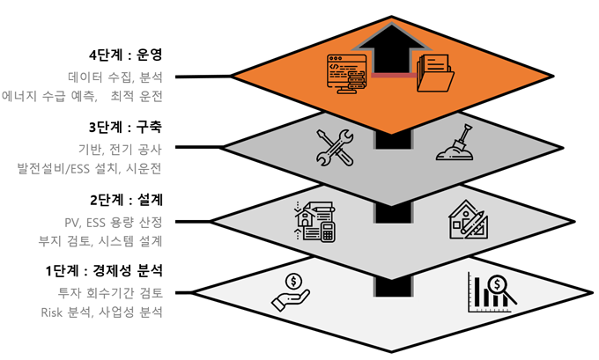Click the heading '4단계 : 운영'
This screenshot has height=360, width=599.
[x=126, y=55]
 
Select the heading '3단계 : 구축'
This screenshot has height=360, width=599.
[x=126, y=127]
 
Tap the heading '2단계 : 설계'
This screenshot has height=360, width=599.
[x=127, y=200]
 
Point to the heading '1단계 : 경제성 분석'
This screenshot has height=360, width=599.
[x=104, y=271]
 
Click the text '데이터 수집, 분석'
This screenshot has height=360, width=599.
[x=115, y=77]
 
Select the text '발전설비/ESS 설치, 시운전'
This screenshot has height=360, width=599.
[x=89, y=168]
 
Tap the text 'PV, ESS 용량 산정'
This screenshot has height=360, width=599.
[x=114, y=222]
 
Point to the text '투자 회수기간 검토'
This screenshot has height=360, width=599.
[x=110, y=293]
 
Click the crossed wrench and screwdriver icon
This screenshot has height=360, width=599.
[x=335, y=147]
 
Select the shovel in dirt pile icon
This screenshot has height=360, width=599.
[x=455, y=142]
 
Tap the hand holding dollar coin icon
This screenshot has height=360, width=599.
[x=291, y=293]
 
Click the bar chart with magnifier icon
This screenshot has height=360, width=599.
[x=492, y=292]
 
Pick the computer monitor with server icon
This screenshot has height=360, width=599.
[x=346, y=74]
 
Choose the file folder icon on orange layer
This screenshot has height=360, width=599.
[x=435, y=73]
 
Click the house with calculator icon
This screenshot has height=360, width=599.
[x=314, y=222]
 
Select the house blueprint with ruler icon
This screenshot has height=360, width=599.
[x=469, y=220]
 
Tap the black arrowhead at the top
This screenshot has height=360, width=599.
[x=391, y=38]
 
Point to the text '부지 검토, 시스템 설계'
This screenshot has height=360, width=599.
[x=100, y=241]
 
